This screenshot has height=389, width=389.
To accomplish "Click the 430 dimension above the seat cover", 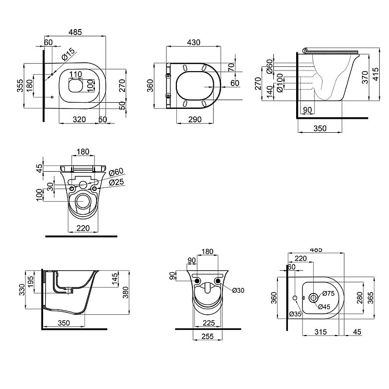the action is point(193,43).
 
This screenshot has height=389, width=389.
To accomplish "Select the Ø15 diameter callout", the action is point(68,54).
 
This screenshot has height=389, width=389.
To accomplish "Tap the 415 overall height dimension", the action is point(376,74).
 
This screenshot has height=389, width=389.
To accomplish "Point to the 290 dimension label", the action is point(195,119).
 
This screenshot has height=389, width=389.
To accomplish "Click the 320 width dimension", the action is point(79,119).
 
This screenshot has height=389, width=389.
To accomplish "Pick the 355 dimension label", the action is point(20,86).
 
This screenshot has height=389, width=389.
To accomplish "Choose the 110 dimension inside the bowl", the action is point(75,74).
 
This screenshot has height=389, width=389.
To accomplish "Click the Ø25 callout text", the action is point(116,182).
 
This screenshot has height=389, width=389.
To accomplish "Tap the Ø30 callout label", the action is point(238,290).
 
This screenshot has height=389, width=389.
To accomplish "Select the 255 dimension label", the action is point(207,336).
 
